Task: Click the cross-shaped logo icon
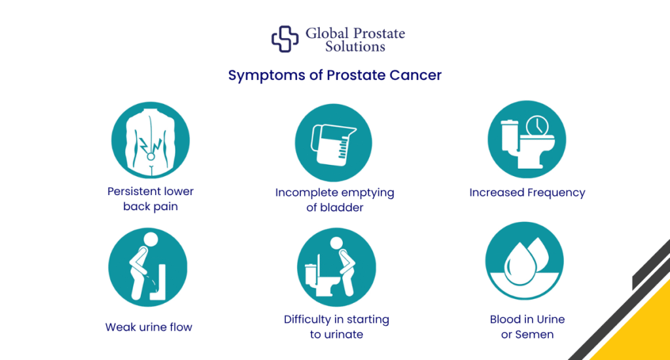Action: pos(285,39)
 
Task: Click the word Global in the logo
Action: pos(328,33)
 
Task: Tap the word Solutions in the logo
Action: pos(355,47)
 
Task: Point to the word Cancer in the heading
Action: pos(415,75)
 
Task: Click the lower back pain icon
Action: pos(150,139)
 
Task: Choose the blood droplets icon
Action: pos(527,267)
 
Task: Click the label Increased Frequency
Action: pos(527,192)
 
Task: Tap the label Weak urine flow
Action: pos(149,327)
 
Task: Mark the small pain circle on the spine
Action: pos(150,156)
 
